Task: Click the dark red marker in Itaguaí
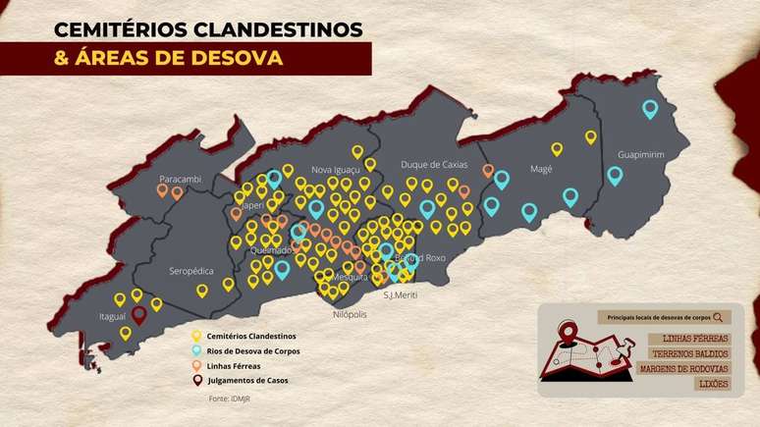(x=140, y=314)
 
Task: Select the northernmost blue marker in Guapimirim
(x=649, y=109)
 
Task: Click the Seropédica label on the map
(x=190, y=270)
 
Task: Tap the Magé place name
(x=541, y=168)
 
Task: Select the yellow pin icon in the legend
(x=197, y=337)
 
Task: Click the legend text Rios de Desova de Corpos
(x=253, y=350)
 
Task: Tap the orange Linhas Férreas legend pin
(x=197, y=365)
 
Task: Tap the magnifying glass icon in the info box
(x=720, y=317)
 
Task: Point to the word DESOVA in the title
(x=227, y=58)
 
